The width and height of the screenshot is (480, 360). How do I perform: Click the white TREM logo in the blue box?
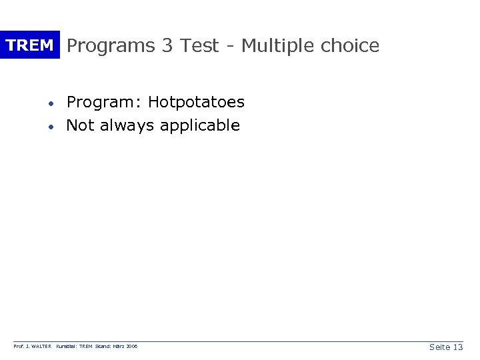pos(29,45)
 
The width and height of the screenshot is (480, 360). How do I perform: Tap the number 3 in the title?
pos(168,45)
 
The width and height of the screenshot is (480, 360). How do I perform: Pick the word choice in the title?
pos(350,45)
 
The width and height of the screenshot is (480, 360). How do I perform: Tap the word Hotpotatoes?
pos(196,103)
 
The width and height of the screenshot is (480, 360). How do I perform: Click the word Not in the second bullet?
pos(81,125)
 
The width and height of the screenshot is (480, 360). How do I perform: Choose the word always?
pos(125,126)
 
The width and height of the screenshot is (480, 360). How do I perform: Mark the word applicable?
pos(203,126)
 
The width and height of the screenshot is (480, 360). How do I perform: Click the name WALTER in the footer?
pos(39,347)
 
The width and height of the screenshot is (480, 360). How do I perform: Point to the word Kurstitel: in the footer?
pos(68,347)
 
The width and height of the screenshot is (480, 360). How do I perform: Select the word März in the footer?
pos(121,347)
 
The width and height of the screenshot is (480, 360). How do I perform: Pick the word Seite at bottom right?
pos(439,347)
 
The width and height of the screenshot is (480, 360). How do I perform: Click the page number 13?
pos(457,347)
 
